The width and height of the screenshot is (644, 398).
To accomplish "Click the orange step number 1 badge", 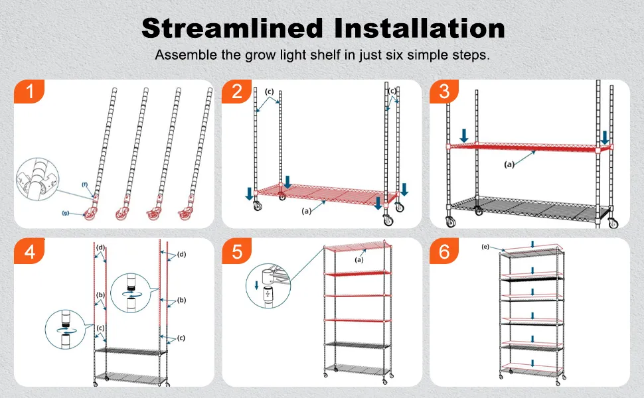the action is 29,91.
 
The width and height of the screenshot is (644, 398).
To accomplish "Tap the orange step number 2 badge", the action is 237,91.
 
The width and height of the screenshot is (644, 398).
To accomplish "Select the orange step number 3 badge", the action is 445,91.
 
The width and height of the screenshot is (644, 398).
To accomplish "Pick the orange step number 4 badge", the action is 29,251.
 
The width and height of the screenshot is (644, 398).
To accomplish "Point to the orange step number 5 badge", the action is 237,251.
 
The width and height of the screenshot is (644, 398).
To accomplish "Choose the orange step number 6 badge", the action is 445,251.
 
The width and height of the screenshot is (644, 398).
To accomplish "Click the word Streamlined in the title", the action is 232,28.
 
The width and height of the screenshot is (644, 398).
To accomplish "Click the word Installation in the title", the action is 420,28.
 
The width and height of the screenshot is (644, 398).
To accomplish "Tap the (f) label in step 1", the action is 84,184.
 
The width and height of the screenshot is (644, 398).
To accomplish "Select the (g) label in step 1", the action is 65,213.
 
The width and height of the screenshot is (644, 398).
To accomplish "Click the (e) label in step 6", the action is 485,247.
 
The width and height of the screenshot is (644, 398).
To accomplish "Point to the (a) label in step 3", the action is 509,165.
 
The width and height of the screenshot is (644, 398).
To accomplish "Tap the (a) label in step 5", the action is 359,260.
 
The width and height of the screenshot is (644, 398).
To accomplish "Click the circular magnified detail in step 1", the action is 37,179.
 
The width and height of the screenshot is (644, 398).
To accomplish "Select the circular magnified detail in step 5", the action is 268,286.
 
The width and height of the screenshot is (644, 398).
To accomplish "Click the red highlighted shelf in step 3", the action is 530,146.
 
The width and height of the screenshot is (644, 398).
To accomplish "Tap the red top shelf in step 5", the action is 357,247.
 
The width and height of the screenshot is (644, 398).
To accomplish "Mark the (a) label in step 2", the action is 306,211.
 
